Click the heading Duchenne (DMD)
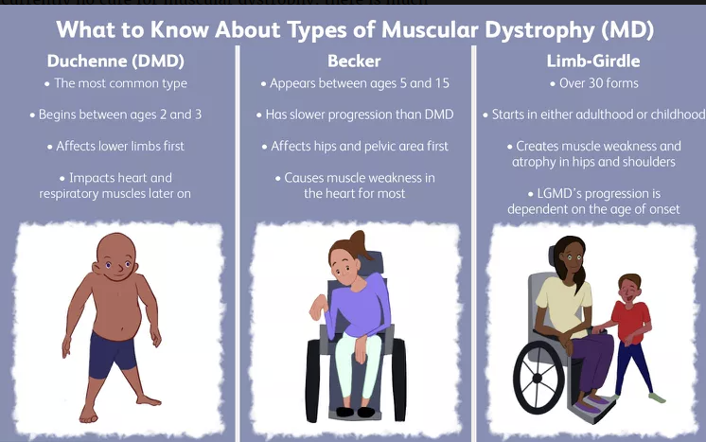[x=115, y=62]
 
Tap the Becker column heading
[x=354, y=62]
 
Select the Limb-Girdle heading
[x=593, y=62]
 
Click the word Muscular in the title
[x=429, y=29]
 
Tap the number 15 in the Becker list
[x=442, y=83]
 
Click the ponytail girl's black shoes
[x=355, y=412]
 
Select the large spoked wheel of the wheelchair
[x=538, y=378]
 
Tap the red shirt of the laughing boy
[x=631, y=321]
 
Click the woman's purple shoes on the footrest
[x=594, y=403]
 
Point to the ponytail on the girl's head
[x=361, y=244]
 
